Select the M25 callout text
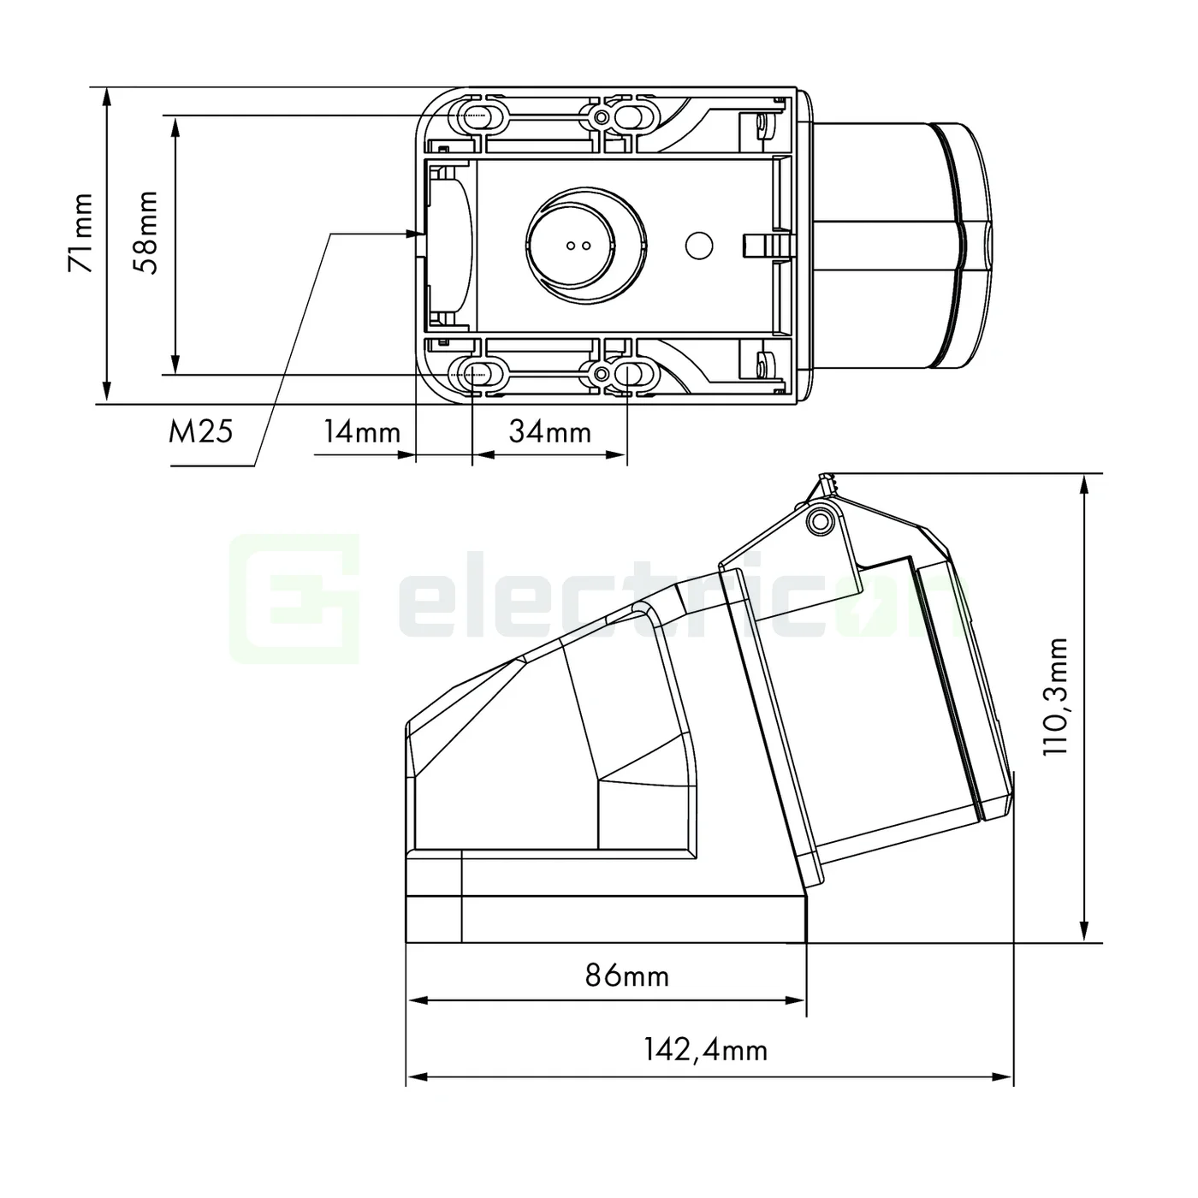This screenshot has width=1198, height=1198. pos(200,431)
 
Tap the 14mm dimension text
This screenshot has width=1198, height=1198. pos(361,431)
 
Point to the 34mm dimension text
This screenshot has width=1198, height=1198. pos(550,431)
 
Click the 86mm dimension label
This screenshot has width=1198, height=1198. pos(626,975)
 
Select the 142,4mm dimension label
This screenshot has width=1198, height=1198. pos(705,1049)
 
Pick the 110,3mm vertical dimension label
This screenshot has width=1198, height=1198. pos(1058,695)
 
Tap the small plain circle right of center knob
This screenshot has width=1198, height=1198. pos(699,246)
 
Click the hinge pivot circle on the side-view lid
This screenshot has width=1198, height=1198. pos(820,520)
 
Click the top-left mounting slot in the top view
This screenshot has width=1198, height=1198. pos(477,116)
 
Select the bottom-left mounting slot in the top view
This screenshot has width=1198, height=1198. pos(477,374)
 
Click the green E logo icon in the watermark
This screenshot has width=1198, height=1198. pos(294,599)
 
